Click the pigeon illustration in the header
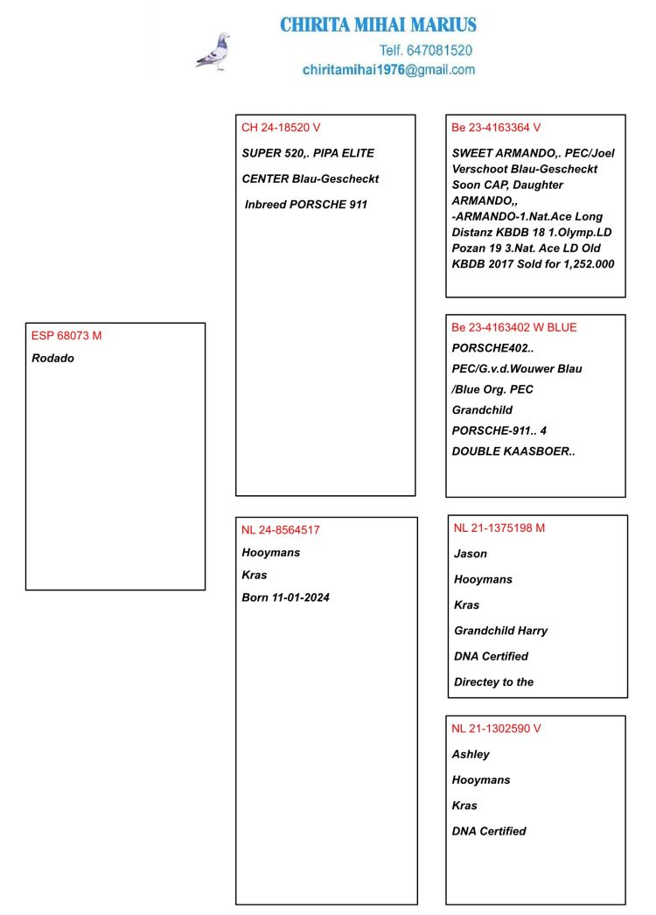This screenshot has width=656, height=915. [x=213, y=52]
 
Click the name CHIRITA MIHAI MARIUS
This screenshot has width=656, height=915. [x=378, y=24]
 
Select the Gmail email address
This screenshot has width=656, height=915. [x=388, y=70]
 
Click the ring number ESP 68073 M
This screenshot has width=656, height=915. [x=66, y=335]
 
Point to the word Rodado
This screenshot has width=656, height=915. [x=52, y=358]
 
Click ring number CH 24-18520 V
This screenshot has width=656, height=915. [x=281, y=128]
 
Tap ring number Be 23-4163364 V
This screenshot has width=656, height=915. [x=496, y=128]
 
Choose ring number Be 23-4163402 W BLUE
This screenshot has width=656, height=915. [x=514, y=327]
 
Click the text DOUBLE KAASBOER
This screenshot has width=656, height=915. [x=513, y=451]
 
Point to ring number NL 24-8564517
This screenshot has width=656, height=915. [x=281, y=529]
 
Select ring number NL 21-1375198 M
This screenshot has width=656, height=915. [x=499, y=527]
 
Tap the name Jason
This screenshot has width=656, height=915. [x=471, y=554]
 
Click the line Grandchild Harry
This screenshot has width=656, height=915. [x=500, y=631]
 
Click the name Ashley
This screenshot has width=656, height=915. [x=471, y=754]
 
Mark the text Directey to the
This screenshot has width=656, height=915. [x=493, y=681]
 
